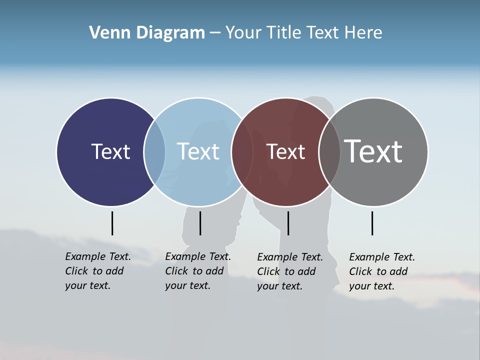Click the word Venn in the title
pos(105,33)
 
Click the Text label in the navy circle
pos(110,151)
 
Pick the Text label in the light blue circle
pos(198,151)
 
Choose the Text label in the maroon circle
pos(285,151)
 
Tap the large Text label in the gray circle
pos(373,151)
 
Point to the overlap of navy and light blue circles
pos(154,152)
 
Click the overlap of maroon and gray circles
pos(329,152)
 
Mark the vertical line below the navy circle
pos(112,223)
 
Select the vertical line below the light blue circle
pos(200,223)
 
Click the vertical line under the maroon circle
pos(288,223)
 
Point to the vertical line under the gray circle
pos(372,223)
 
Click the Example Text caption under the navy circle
pos(98,271)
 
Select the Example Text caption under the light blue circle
pos(198,271)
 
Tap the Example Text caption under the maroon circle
pos(290,271)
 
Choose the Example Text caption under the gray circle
pos(382,271)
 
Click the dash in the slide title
pos(214,33)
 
